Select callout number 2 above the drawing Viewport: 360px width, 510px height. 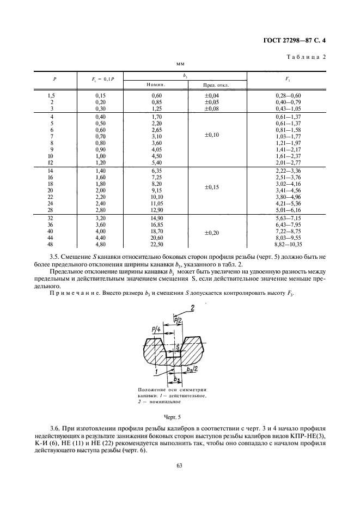192,308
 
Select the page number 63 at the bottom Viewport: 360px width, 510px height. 179,465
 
